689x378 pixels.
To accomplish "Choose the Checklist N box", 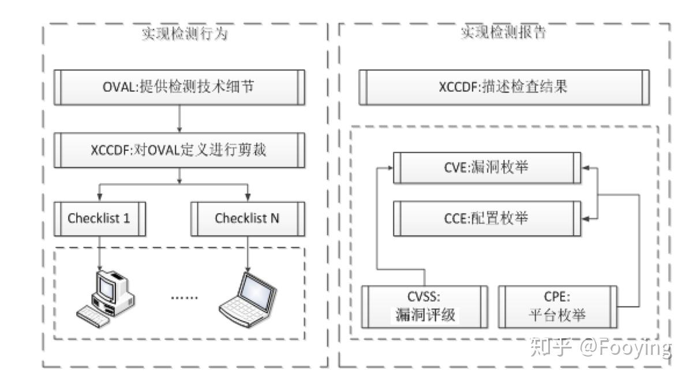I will (x=248, y=218).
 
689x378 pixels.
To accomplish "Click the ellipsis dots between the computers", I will (x=185, y=297).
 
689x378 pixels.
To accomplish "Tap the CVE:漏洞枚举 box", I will (x=487, y=168).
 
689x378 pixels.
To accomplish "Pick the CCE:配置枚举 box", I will (x=487, y=218).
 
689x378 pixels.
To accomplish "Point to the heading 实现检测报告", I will (x=503, y=33).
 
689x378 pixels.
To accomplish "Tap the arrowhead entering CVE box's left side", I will (x=391, y=168).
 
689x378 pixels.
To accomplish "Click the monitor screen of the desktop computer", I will (x=107, y=284).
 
